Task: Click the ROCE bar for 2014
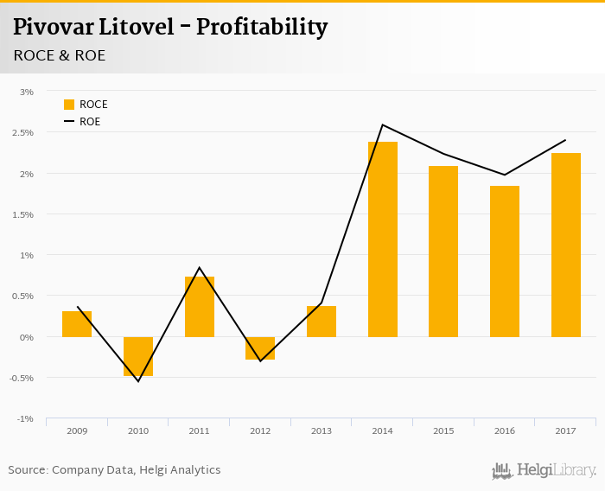(x=383, y=239)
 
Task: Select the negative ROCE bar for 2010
(x=138, y=356)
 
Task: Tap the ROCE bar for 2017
(x=566, y=245)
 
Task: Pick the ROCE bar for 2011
(x=200, y=307)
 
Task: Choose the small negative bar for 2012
(x=260, y=348)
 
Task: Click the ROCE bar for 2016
(x=505, y=261)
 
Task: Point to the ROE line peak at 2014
(x=382, y=124)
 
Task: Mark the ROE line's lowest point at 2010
(x=138, y=381)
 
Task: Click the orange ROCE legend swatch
(x=69, y=105)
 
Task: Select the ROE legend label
(x=90, y=122)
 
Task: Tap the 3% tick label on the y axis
(x=27, y=92)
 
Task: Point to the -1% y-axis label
(x=25, y=419)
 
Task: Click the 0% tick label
(x=27, y=337)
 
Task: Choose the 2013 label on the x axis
(x=322, y=430)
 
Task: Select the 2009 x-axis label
(x=77, y=430)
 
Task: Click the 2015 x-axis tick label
(x=443, y=430)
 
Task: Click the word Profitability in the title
(x=262, y=28)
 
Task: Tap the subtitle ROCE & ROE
(x=60, y=54)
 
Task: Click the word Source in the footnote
(x=28, y=470)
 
